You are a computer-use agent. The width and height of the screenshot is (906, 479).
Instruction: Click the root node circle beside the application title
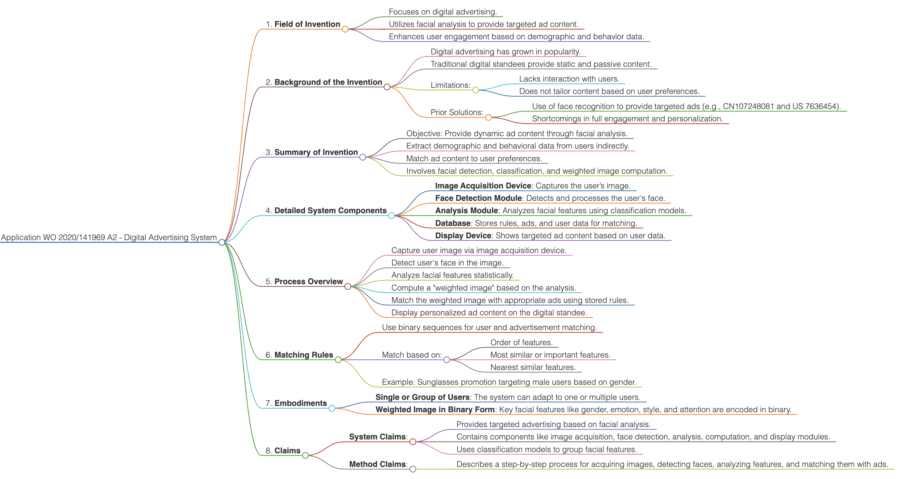point(222,242)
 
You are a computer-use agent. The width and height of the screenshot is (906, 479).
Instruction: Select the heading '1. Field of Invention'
point(303,24)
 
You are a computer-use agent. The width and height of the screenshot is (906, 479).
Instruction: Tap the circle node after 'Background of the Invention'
point(387,87)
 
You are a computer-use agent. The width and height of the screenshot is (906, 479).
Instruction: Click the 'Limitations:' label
point(450,85)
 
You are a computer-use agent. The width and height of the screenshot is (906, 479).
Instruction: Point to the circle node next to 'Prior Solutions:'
point(488,117)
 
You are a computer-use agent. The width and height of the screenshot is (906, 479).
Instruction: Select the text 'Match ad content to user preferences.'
point(474,159)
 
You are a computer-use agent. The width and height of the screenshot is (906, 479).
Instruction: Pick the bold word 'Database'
point(453,223)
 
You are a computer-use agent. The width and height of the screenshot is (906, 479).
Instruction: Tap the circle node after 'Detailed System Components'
point(391,215)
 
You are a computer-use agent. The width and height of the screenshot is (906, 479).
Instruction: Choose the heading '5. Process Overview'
point(304,281)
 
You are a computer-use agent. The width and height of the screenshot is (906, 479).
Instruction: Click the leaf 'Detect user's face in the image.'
point(447,263)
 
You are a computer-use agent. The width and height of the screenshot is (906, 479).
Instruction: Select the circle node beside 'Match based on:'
point(447,359)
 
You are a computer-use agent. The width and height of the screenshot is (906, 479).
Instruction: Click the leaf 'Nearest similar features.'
point(533,367)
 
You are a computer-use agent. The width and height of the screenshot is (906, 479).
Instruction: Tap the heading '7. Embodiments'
point(296,403)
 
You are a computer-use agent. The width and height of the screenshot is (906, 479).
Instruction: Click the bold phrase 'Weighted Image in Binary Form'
point(435,410)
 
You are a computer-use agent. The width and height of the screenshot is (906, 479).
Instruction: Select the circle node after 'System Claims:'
point(413,442)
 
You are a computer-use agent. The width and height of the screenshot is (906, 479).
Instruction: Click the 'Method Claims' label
point(377,464)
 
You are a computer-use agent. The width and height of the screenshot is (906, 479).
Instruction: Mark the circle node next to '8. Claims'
point(305,455)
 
